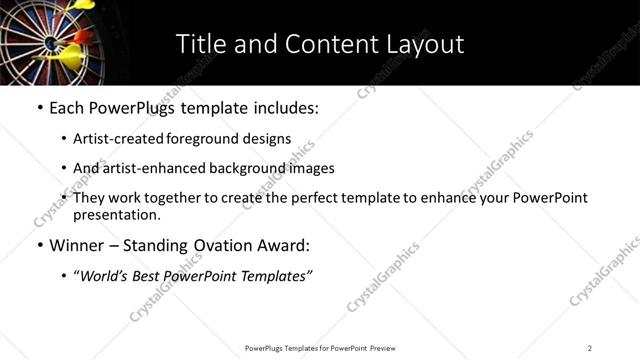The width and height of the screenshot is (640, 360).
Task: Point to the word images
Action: point(312,169)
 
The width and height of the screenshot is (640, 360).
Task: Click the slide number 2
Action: point(590,347)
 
